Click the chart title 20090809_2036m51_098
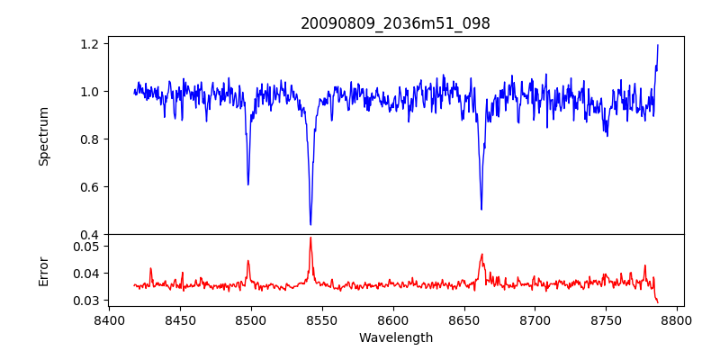(x=395, y=23)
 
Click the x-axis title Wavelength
(x=395, y=337)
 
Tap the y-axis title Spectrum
(x=43, y=136)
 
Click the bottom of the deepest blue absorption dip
(x=310, y=224)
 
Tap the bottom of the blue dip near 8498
(x=248, y=184)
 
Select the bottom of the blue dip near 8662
(x=481, y=210)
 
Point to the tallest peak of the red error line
(x=310, y=238)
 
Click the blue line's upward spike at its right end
(x=658, y=45)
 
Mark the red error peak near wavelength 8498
(x=248, y=261)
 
